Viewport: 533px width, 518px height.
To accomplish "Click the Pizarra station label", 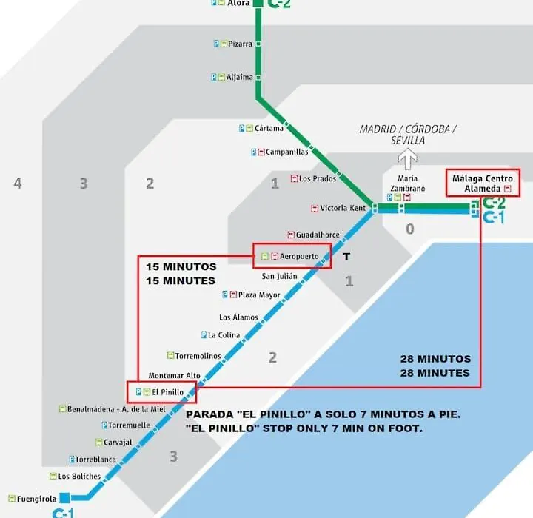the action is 240,44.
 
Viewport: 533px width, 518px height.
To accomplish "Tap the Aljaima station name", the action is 240,77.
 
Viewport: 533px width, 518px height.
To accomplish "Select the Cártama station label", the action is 269,128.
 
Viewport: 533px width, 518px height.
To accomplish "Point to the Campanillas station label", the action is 287,152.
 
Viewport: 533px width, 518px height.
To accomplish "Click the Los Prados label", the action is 318,178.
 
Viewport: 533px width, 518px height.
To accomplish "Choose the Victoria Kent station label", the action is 343,208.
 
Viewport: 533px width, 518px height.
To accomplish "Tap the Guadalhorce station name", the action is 318,235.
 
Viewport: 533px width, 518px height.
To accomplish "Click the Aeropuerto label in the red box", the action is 299,256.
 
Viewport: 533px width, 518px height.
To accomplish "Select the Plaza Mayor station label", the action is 259,295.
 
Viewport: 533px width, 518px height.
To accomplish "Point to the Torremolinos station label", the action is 198,356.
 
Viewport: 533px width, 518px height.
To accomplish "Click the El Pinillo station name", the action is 167,392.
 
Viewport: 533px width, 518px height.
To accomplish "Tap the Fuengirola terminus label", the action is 37,499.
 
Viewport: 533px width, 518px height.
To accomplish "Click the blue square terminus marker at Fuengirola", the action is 64,497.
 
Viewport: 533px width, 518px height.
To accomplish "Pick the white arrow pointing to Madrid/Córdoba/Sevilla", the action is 408,159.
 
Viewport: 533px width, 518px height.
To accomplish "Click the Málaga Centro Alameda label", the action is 483,184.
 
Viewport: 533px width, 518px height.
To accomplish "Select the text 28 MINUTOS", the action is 435,359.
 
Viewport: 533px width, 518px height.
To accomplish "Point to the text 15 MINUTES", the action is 181,280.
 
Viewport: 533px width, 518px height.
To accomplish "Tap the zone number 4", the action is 18,184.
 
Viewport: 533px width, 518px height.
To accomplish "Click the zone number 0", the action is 410,229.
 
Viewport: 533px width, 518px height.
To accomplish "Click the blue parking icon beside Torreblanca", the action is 72,460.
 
